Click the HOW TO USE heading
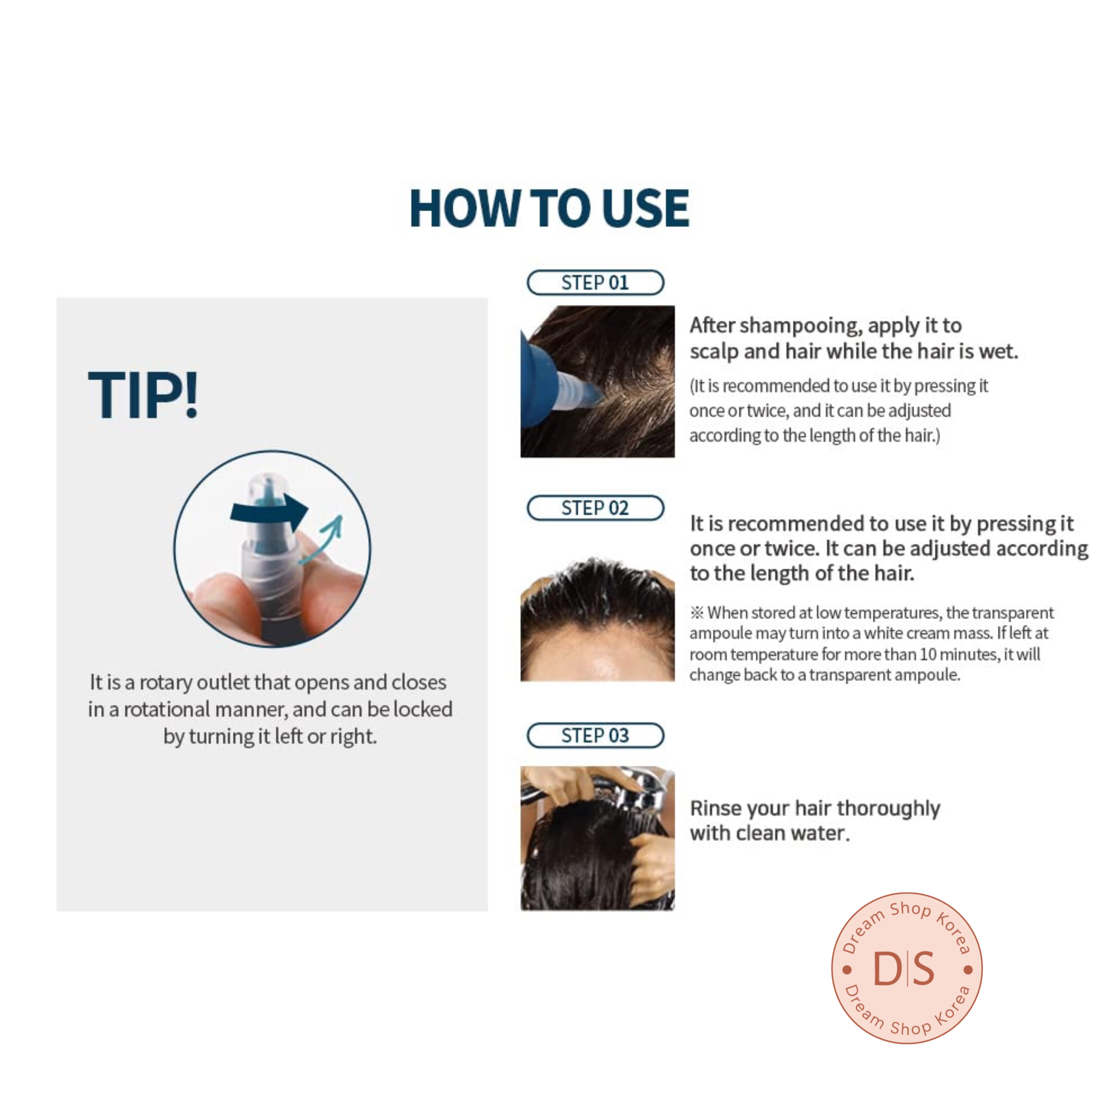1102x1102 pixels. point(549,208)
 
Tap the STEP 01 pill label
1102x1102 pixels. point(596,282)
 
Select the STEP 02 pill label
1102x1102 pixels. point(596,508)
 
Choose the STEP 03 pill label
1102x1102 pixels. point(596,735)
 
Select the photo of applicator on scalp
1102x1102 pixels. point(597,381)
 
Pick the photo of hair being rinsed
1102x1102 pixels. point(597,838)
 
